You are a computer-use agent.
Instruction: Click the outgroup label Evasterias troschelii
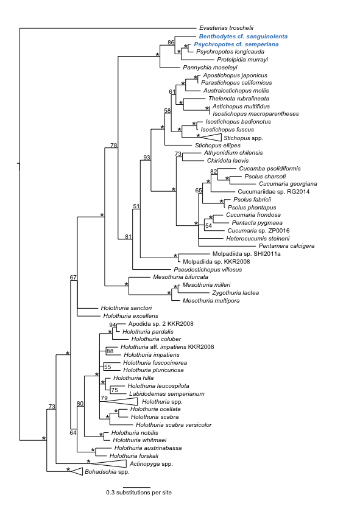click(x=226, y=28)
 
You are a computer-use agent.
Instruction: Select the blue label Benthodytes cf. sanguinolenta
click(x=243, y=37)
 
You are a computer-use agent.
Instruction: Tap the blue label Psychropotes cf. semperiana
click(x=236, y=44)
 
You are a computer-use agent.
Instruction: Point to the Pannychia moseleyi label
click(x=210, y=68)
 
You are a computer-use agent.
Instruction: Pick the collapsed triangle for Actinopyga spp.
click(x=108, y=463)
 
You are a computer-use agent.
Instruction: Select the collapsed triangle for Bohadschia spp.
click(x=77, y=471)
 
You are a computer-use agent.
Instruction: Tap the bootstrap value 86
click(x=171, y=43)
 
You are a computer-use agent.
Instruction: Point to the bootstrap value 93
click(x=147, y=158)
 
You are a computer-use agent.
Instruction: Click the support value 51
click(x=136, y=206)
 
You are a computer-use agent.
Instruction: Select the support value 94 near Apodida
click(x=113, y=325)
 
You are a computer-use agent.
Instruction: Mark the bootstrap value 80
click(x=80, y=404)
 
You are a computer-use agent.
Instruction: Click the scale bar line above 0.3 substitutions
click(x=139, y=487)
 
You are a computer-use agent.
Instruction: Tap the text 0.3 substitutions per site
click(x=139, y=493)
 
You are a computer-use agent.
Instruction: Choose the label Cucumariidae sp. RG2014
click(x=274, y=192)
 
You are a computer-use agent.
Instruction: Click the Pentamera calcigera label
click(x=286, y=246)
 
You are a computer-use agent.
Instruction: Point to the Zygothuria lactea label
click(x=235, y=293)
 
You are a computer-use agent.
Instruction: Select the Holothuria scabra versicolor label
click(x=174, y=425)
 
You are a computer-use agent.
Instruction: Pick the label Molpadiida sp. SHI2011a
click(x=246, y=254)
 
